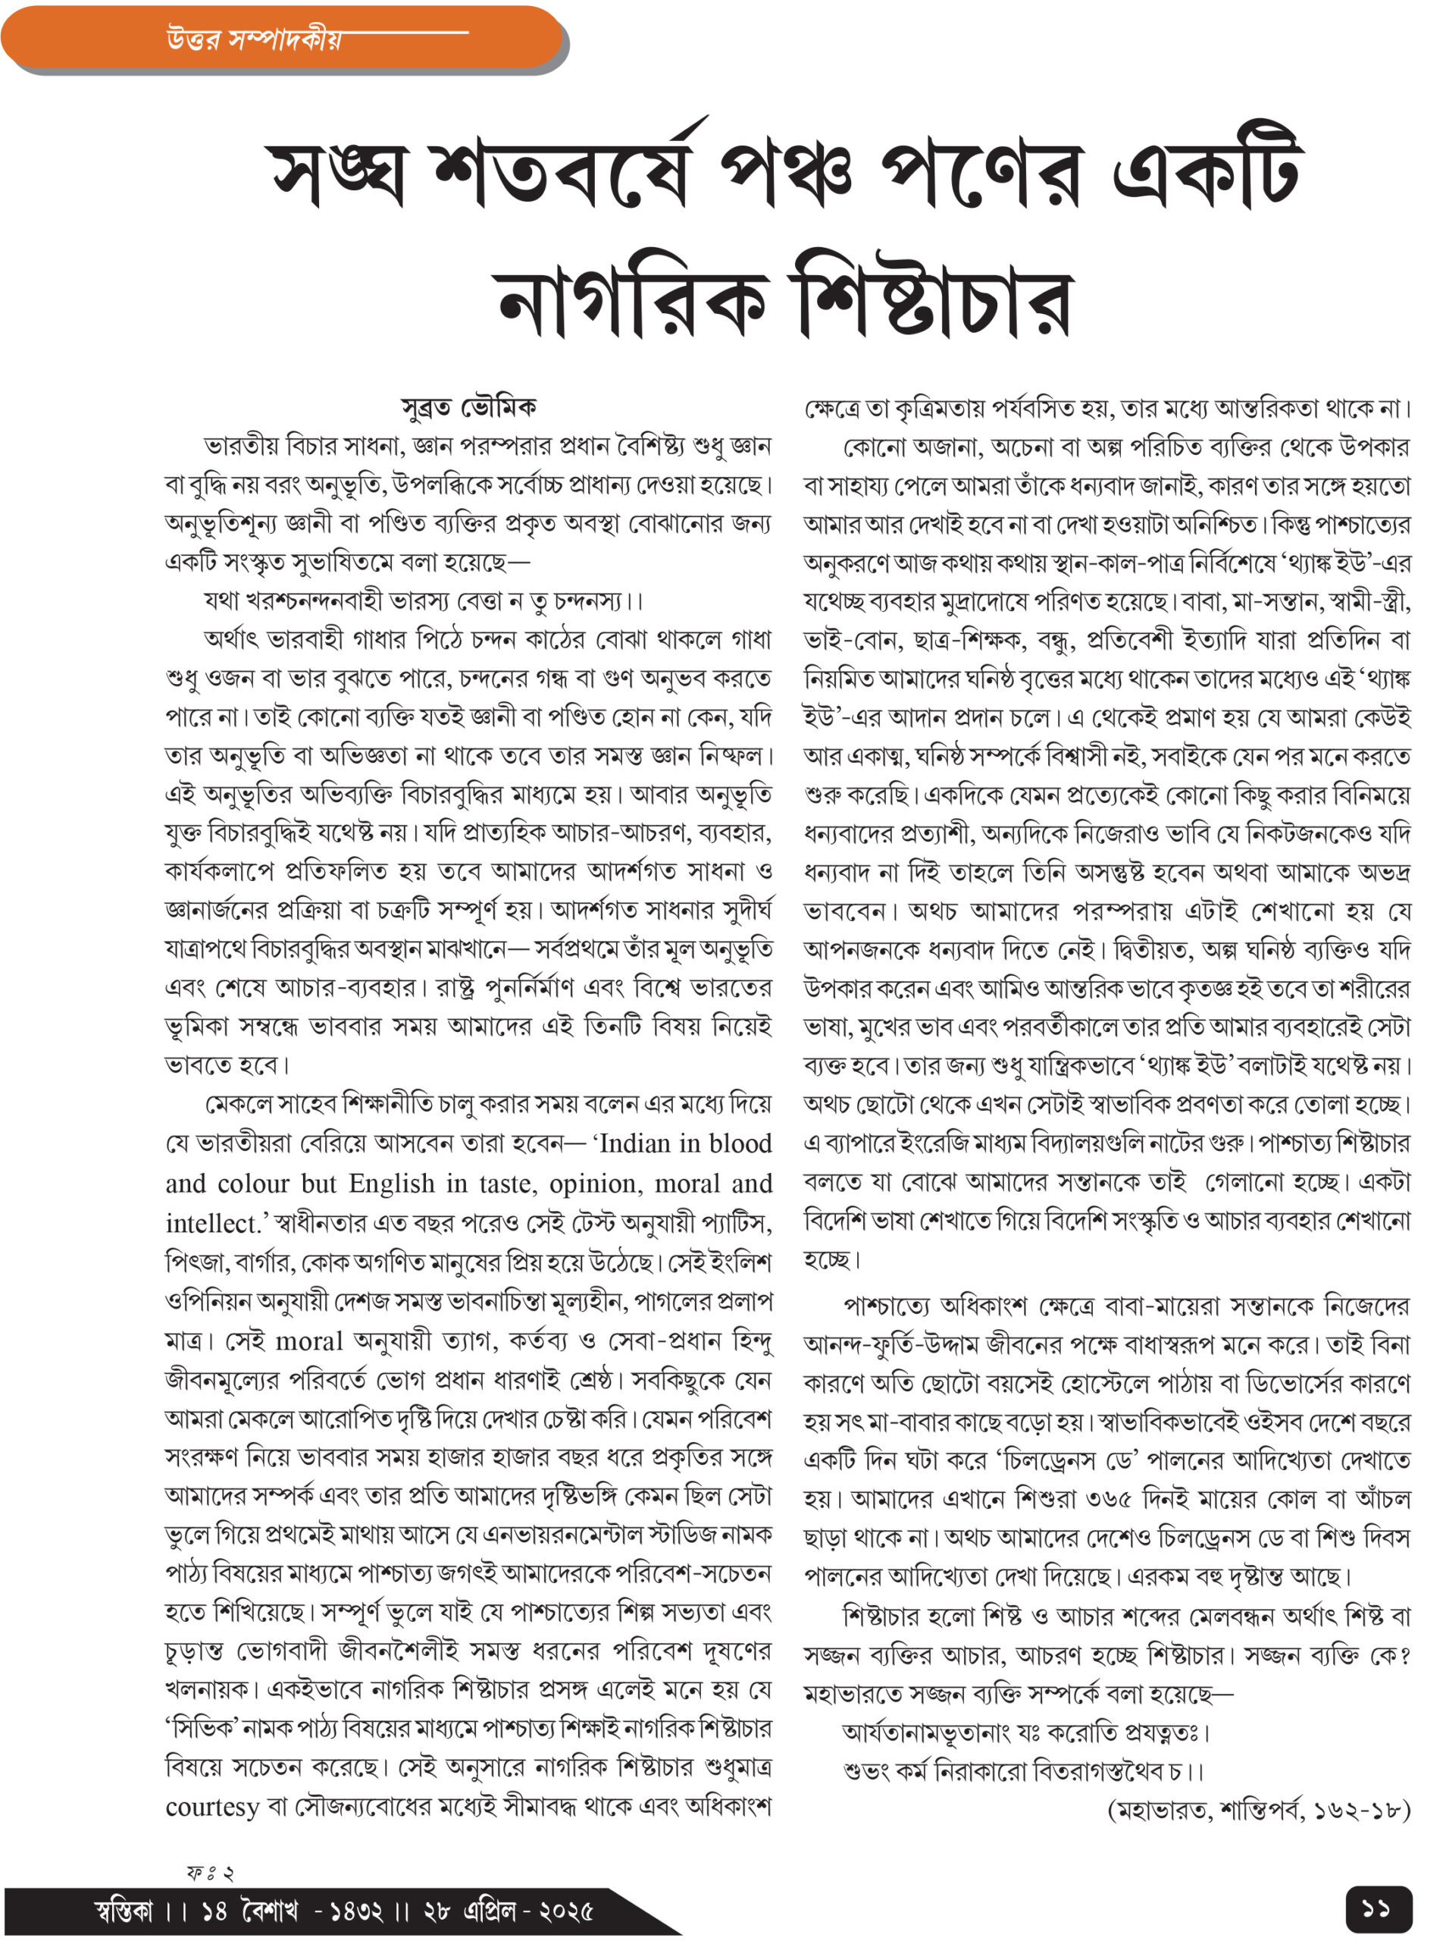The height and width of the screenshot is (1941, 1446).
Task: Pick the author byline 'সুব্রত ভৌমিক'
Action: [x=468, y=408]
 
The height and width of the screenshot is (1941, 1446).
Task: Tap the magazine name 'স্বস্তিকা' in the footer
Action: [x=123, y=1909]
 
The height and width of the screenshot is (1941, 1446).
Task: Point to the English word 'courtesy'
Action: [x=212, y=1806]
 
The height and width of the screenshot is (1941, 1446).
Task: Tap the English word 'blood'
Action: [x=736, y=1143]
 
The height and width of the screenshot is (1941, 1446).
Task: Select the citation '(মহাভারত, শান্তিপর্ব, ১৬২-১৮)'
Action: [x=1259, y=1809]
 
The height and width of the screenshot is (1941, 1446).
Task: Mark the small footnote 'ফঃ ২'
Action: [x=210, y=1872]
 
